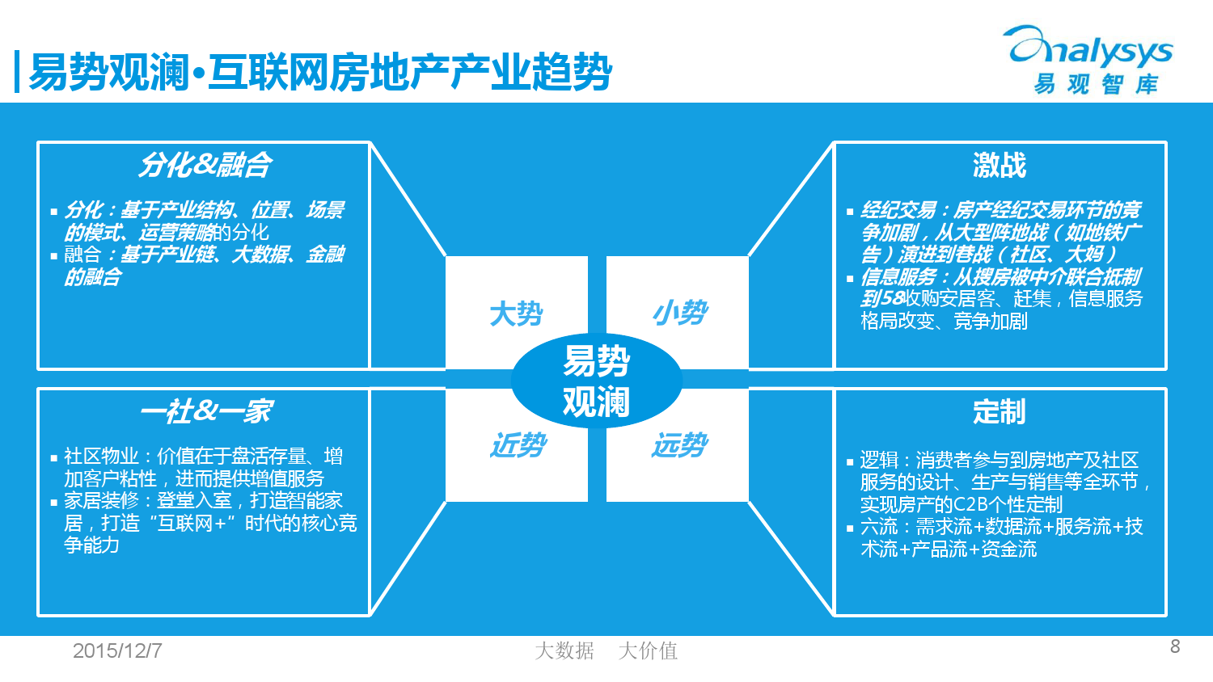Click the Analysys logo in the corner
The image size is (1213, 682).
click(1089, 60)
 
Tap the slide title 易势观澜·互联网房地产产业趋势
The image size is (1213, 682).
click(320, 72)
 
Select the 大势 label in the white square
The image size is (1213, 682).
click(516, 314)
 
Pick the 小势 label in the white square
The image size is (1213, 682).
click(679, 313)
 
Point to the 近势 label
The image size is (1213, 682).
click(518, 445)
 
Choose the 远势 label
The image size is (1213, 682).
click(679, 445)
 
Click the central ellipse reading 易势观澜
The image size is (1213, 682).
click(596, 381)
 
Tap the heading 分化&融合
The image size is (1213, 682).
click(205, 165)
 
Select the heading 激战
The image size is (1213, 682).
click(1000, 165)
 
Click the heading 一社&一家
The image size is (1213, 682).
click(207, 410)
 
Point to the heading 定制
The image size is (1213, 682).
click(1000, 411)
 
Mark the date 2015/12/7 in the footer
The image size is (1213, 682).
click(117, 650)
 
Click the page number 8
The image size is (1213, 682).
click(1175, 646)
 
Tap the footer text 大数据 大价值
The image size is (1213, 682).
click(606, 650)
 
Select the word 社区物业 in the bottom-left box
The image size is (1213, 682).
click(101, 457)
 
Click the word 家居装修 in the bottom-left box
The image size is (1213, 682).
click(101, 501)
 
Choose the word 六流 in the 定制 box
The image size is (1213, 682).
click(879, 527)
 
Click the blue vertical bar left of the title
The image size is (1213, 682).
click(17, 71)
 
